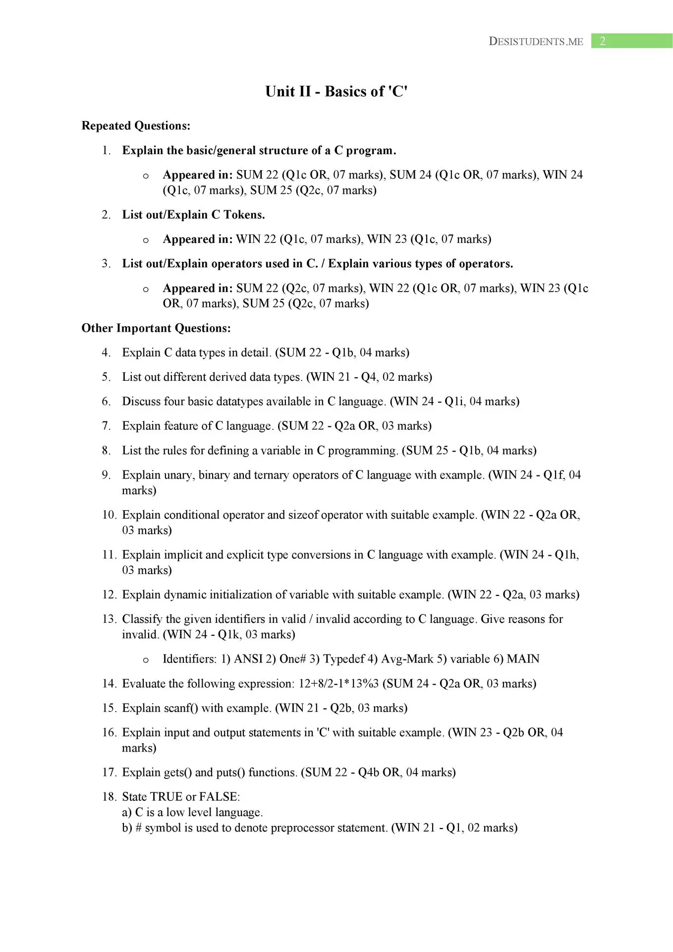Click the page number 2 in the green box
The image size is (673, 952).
point(603,41)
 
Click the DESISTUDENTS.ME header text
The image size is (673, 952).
point(536,42)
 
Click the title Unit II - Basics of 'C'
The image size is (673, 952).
point(336,91)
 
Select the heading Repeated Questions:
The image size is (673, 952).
point(136,126)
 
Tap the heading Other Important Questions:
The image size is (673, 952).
point(156,328)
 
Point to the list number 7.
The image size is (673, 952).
point(106,426)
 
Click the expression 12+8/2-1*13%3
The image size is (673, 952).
point(338,684)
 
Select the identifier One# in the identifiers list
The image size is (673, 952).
point(292,659)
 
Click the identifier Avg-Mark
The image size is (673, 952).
point(406,659)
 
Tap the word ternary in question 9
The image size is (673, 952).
point(272,475)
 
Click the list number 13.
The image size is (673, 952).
point(109,619)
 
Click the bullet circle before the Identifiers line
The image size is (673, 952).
point(146,660)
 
